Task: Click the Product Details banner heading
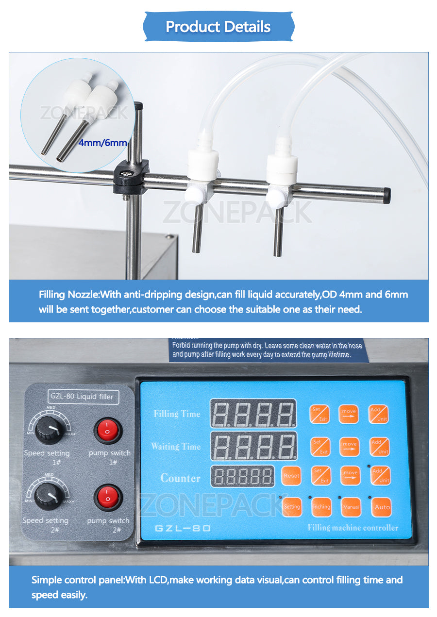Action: click(218, 27)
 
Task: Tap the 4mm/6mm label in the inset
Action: click(102, 143)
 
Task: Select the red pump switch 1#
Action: click(107, 431)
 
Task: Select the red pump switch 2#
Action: click(107, 498)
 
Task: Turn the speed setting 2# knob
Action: click(48, 496)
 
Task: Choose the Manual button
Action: click(351, 507)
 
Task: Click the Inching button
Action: click(321, 507)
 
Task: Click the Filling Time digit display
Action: click(253, 414)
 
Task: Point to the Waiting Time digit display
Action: click(253, 446)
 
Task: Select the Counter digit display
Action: click(242, 477)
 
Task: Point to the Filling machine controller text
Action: click(353, 528)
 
